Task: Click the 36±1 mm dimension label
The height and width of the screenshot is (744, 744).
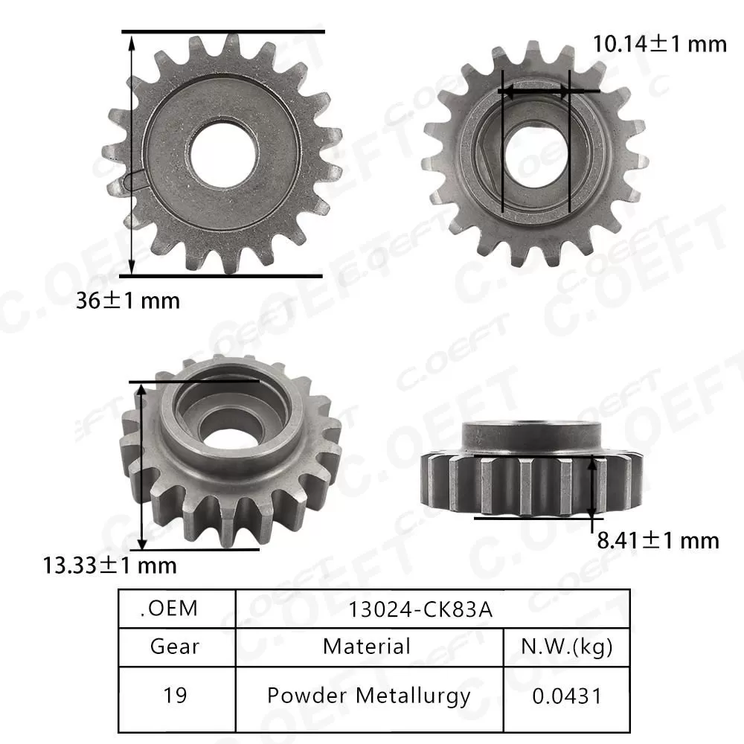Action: point(128,301)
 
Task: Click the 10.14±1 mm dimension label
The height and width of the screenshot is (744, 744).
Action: point(659,44)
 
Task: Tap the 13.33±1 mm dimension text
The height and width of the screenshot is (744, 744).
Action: point(109,565)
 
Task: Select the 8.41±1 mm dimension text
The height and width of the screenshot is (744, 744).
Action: point(658,539)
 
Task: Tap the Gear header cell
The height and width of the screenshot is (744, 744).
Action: point(175,646)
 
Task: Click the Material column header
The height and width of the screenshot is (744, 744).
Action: point(366,646)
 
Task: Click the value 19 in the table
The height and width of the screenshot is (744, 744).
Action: point(175,696)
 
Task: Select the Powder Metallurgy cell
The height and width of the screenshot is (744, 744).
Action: point(368,696)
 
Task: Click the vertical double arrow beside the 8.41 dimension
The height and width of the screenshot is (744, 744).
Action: point(591,487)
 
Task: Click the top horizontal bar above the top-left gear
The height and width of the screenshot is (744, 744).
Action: point(223,32)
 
